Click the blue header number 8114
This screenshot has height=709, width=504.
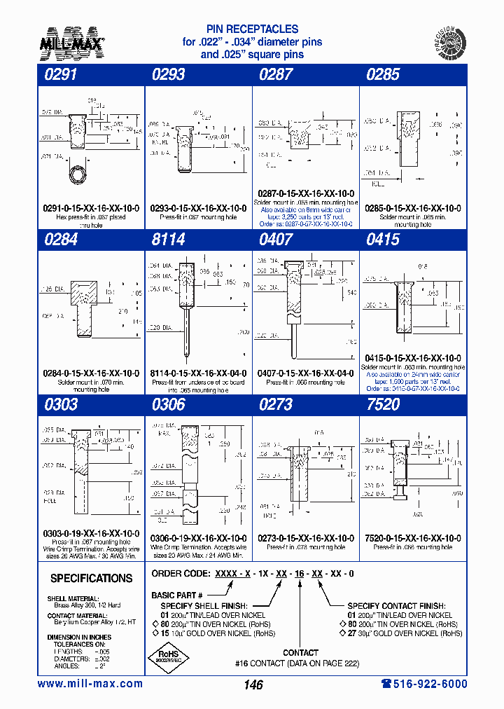169,240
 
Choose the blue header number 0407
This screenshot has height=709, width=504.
276,240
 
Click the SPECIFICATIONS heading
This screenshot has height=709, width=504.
91,579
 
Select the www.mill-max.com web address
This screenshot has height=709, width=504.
90,684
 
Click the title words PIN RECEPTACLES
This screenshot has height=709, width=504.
252,29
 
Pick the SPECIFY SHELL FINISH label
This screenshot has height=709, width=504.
204,605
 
